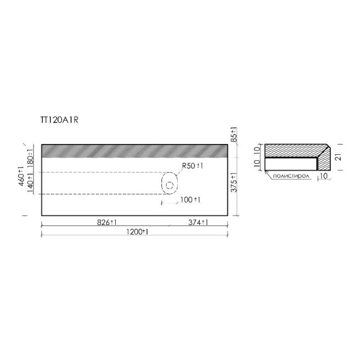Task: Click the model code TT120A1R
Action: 59,120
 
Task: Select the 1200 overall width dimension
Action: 137,232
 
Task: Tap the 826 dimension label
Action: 107,222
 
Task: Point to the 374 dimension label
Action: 198,222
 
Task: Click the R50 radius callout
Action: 193,166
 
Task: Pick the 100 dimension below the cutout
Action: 190,200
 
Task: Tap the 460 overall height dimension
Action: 22,176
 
